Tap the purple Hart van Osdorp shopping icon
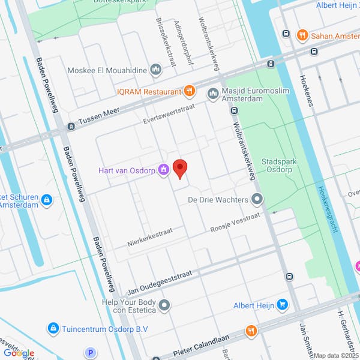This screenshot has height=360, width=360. [x=163, y=171]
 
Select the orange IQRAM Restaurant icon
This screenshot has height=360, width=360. [x=190, y=91]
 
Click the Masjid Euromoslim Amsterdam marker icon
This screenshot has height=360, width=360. [x=212, y=93]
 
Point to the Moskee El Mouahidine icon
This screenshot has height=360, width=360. [x=156, y=70]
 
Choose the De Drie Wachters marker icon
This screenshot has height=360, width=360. [x=257, y=199]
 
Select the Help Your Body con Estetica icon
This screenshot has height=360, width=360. [x=164, y=305]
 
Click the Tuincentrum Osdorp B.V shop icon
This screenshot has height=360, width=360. [x=53, y=328]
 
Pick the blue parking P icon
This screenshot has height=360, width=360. [x=91, y=353]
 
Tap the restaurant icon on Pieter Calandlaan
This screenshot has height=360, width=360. [x=251, y=331]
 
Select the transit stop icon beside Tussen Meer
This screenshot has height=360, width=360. [x=71, y=127]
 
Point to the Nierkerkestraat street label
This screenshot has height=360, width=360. [x=150, y=237]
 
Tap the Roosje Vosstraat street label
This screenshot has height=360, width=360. [x=235, y=223]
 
